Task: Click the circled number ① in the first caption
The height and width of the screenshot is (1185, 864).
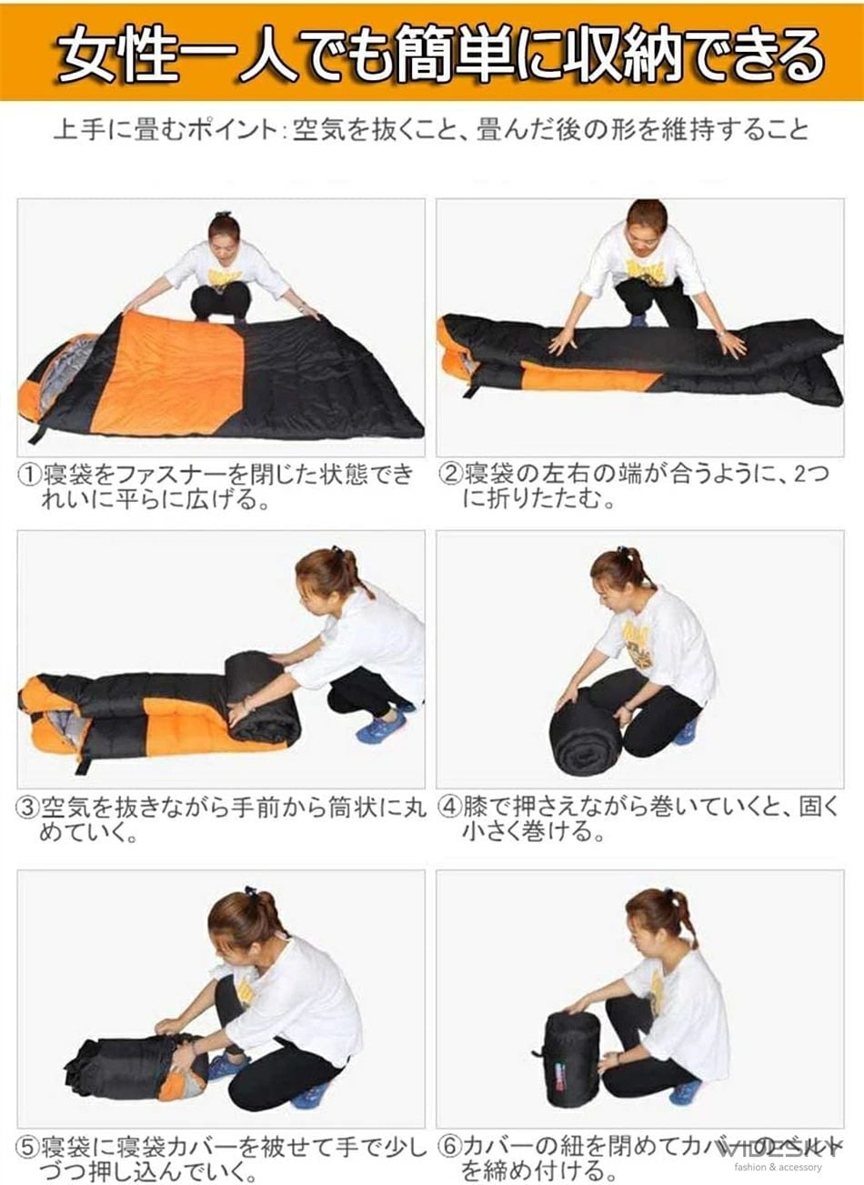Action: (30, 475)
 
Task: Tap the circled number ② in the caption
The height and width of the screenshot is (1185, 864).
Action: (451, 475)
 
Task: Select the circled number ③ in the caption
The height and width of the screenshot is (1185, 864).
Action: (30, 807)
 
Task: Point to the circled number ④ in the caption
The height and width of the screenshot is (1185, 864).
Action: (451, 807)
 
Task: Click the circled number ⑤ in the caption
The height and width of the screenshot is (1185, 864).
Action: (30, 1145)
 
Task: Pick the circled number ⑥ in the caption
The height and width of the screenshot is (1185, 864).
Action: (451, 1145)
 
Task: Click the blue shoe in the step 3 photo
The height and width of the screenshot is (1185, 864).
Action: (381, 726)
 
